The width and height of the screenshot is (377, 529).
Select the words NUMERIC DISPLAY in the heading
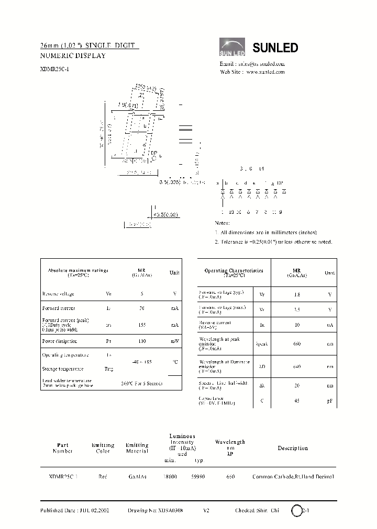pyautogui.click(x=73, y=55)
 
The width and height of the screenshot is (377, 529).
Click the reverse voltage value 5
pyautogui.click(x=142, y=294)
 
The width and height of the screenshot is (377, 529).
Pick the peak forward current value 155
pyautogui.click(x=142, y=325)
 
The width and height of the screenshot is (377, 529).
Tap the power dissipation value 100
pyautogui.click(x=142, y=341)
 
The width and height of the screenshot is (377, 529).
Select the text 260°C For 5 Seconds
pyautogui.click(x=142, y=383)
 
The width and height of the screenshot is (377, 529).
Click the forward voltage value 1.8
pyautogui.click(x=297, y=295)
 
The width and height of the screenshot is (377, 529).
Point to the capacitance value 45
pyautogui.click(x=297, y=400)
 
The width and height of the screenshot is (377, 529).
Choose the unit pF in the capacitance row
pyautogui.click(x=330, y=400)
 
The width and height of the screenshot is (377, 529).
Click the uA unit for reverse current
pyautogui.click(x=330, y=325)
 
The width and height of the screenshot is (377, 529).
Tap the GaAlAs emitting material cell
pyautogui.click(x=137, y=477)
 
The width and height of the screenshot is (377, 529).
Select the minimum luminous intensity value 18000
pyautogui.click(x=170, y=477)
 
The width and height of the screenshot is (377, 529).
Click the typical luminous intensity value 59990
pyautogui.click(x=198, y=477)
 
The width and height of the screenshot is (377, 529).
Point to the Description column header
pyautogui.click(x=293, y=448)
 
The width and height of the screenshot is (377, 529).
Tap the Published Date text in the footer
pyautogui.click(x=74, y=510)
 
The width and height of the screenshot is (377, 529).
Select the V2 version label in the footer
pyautogui.click(x=206, y=510)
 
